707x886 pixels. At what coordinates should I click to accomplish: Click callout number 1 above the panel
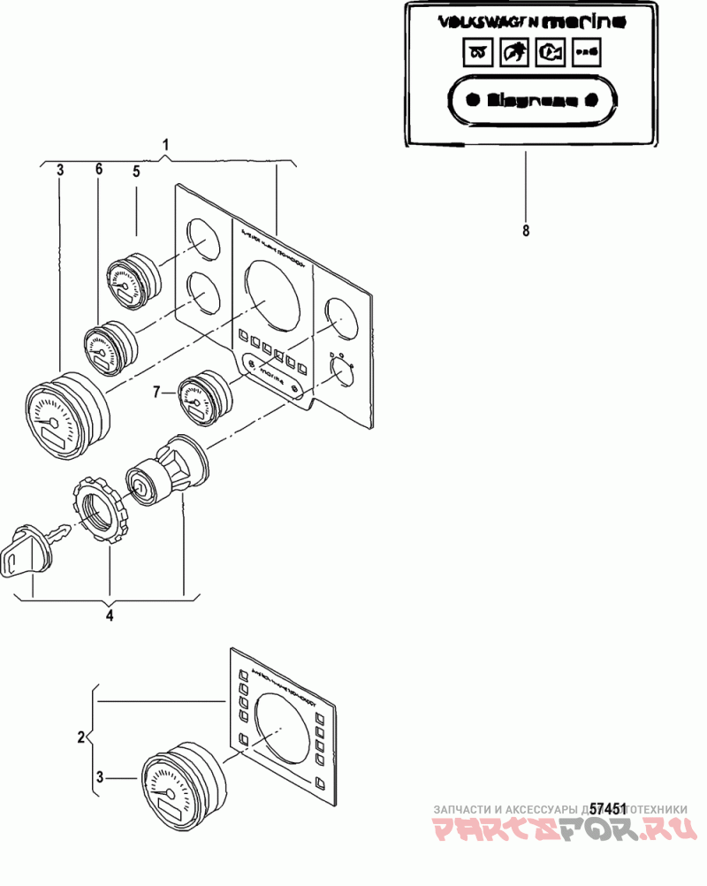point(166,143)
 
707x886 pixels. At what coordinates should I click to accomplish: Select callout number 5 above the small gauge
point(137,172)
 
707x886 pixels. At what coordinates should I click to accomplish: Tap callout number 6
point(99,168)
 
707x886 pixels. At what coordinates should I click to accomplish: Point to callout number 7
point(157,390)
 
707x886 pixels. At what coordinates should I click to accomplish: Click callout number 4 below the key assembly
point(110,615)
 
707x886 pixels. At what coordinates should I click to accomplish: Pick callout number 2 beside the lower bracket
point(81,736)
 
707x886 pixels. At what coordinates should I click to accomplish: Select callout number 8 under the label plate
point(526,231)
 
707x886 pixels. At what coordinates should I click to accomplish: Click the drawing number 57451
point(608,808)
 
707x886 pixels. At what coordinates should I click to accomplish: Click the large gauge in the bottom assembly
point(182,777)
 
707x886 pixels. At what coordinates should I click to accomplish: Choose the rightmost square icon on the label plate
point(585,53)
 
